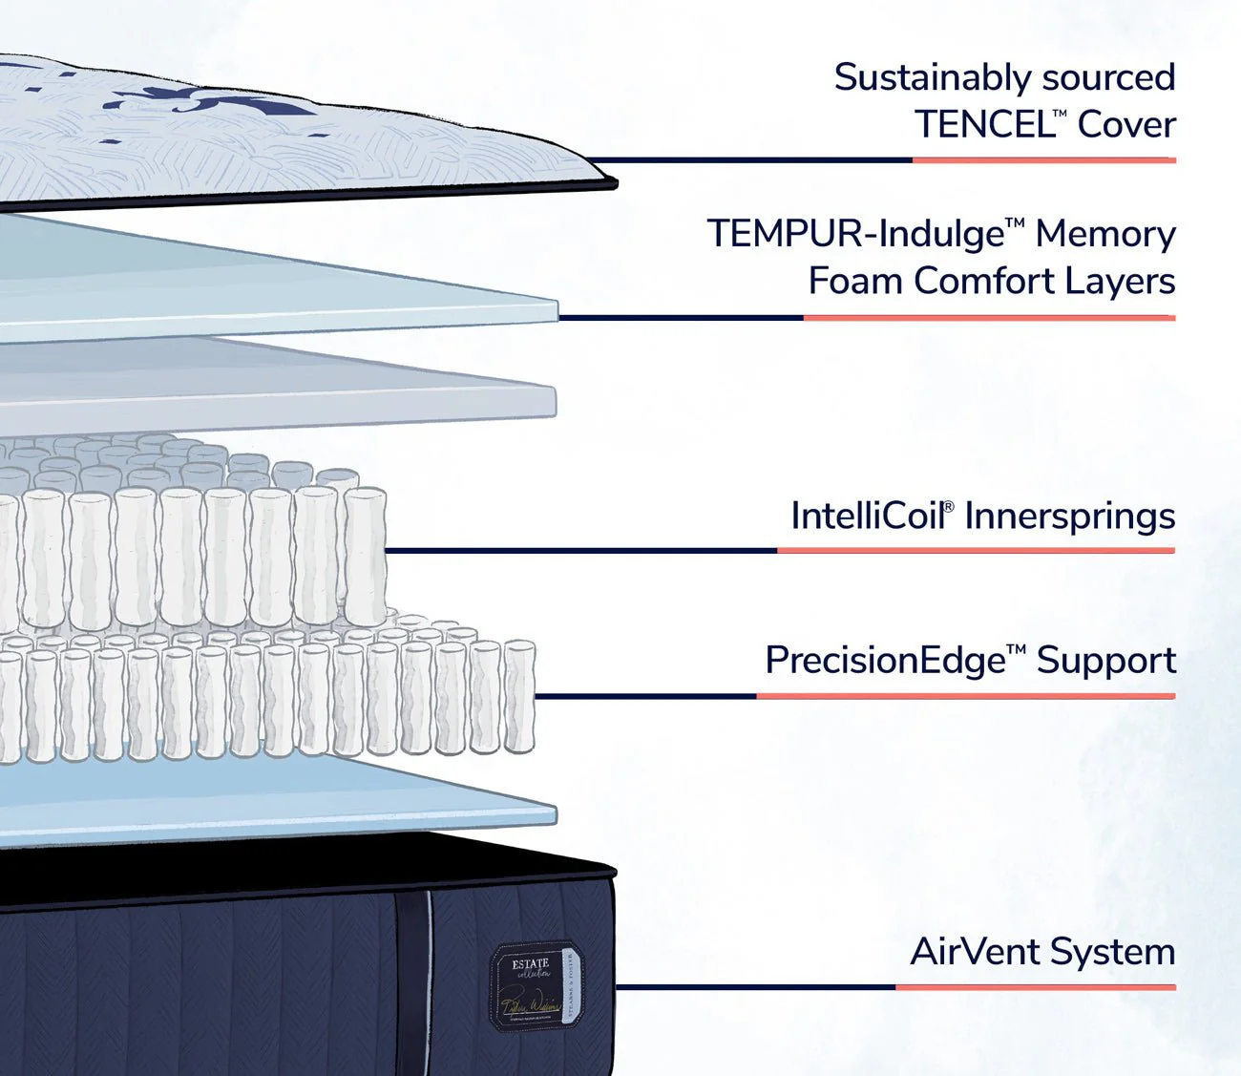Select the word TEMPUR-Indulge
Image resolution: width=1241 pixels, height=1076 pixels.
856,234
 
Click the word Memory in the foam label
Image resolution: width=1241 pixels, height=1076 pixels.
1104,234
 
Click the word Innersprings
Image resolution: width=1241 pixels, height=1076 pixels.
1069,517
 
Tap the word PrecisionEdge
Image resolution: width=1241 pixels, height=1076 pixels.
885,661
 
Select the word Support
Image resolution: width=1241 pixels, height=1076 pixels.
1105,661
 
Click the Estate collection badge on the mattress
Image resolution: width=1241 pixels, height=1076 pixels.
534,986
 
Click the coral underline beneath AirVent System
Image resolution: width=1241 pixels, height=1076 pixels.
1035,987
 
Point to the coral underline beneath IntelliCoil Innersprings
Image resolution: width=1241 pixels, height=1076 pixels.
976,551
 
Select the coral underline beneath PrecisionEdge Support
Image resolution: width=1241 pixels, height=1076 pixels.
965,696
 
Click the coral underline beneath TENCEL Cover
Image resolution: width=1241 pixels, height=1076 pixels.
1043,160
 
